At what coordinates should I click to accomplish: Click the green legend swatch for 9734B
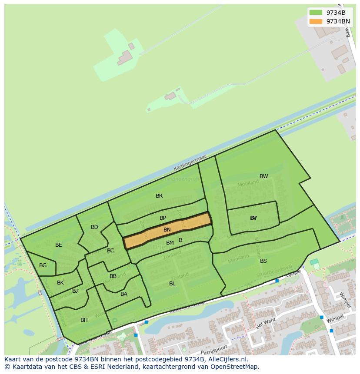coord(316,13)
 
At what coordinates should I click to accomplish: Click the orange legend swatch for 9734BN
coord(316,21)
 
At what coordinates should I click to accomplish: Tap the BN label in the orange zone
coord(167,230)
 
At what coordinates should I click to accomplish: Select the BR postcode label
coord(159,196)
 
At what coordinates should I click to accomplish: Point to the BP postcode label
coord(163,218)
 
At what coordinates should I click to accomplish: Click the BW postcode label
coord(264,176)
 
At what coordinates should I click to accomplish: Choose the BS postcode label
coord(263,261)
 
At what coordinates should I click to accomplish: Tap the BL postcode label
coord(172,284)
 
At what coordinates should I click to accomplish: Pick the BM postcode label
coord(170,243)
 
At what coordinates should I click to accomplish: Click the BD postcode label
coord(94,227)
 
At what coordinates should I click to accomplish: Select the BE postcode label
coord(59,245)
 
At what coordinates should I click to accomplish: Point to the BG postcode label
coord(43,265)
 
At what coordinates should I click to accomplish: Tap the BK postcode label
coord(60,283)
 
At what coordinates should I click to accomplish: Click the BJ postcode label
coord(75,291)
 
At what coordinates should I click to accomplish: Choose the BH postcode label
coord(84,320)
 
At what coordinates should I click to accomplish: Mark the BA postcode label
coord(124,294)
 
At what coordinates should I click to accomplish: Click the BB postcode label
coord(113,276)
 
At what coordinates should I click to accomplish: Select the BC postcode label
coord(110,251)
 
